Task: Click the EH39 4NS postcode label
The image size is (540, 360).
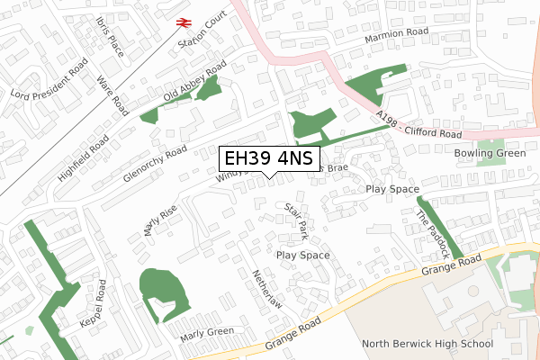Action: [268, 159]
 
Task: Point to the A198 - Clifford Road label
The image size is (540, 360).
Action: [419, 126]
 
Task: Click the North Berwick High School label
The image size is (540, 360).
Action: [427, 344]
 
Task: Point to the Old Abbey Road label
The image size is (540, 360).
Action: [194, 85]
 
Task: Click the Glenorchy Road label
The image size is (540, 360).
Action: [155, 163]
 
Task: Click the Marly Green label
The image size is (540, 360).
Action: [207, 335]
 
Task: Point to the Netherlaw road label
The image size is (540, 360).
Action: [268, 290]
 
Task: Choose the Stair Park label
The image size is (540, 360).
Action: [296, 220]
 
